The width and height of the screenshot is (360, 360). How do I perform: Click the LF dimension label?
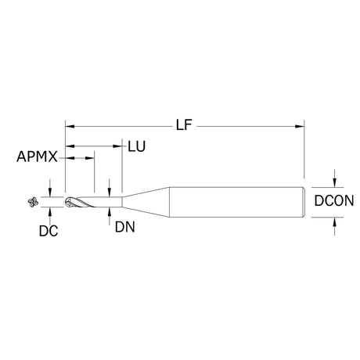184,125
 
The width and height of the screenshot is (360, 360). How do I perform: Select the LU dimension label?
136,146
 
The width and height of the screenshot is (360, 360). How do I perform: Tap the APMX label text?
37,157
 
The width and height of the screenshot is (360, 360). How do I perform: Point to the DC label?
49,231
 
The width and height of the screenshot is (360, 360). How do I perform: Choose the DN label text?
125,227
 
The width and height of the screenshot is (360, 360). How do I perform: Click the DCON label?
334,200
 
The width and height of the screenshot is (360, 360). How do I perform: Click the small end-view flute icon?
33,202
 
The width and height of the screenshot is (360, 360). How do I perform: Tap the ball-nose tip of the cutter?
67,202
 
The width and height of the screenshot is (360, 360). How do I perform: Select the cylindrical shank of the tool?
236,202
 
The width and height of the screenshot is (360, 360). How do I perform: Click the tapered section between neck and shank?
146,202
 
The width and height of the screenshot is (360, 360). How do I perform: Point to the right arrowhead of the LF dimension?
300,127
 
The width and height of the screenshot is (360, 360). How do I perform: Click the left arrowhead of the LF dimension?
70,127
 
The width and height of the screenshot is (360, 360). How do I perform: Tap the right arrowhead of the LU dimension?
117,146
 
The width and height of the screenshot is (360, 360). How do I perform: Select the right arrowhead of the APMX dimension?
89,158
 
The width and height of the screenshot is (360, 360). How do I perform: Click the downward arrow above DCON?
334,178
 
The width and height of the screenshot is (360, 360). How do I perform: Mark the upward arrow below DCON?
334,226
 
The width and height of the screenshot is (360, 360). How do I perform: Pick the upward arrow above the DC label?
50,216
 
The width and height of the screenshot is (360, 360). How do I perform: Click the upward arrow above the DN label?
110,216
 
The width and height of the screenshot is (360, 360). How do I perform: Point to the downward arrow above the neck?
110,188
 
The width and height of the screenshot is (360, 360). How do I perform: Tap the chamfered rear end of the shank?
304,202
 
